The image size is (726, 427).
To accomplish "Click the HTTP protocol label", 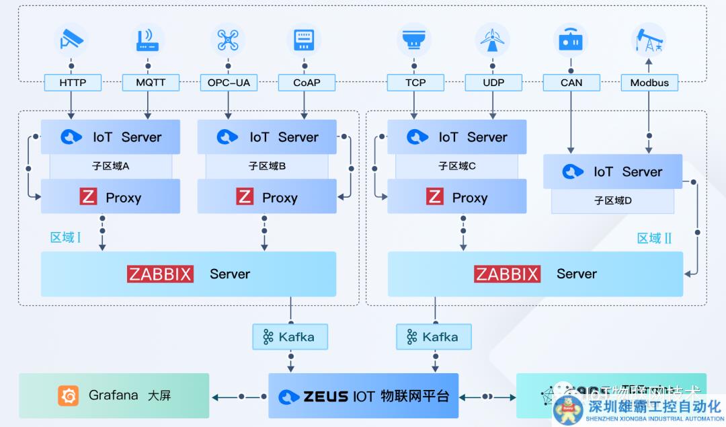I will click(73, 83).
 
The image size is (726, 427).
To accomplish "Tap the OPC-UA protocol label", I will click(228, 83).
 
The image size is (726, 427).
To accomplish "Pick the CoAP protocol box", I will click(307, 83).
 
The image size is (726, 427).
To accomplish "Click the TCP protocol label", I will click(415, 83).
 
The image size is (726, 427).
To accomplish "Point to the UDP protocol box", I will click(493, 83).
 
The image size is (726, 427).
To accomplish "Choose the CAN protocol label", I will click(571, 83).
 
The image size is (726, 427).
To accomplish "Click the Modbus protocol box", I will click(649, 83).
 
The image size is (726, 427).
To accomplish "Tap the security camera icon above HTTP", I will click(71, 40).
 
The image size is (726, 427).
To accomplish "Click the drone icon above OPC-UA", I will click(228, 40).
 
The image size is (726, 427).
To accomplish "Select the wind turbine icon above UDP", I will click(493, 40).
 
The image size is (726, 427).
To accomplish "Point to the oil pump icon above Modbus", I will click(649, 40).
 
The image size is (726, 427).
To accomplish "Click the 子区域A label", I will click(111, 166).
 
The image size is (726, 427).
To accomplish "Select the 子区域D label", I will click(612, 200).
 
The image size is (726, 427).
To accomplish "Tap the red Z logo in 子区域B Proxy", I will click(245, 197).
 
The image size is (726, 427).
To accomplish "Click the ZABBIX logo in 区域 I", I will click(161, 274).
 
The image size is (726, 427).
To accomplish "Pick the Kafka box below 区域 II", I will click(434, 337).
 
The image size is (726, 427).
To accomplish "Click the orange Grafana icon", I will click(69, 395).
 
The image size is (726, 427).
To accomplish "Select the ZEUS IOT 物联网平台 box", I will click(363, 396).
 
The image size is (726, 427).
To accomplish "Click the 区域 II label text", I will click(654, 238).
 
